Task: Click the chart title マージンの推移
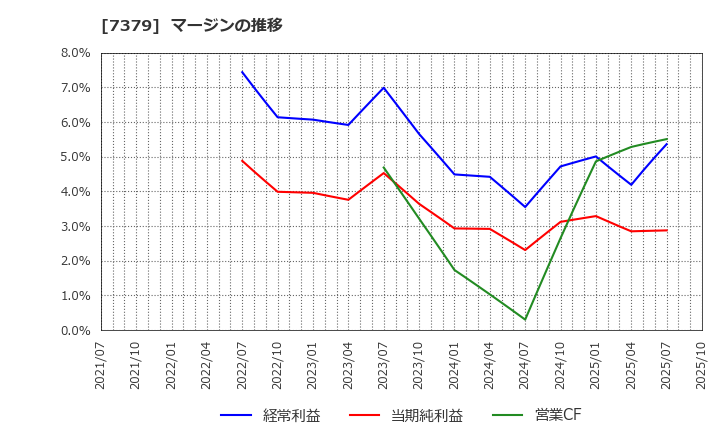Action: coord(228,25)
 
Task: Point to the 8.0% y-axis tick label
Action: coord(75,53)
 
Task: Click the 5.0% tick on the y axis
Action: coord(75,157)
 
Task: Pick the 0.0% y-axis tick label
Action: coord(75,330)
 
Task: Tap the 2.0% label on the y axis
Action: coord(75,261)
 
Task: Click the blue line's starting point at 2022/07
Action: coord(242,72)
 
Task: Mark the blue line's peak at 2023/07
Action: coord(384,88)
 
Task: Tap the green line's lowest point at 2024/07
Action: coord(525,319)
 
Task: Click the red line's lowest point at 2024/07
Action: coord(525,250)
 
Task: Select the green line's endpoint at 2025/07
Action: coord(667,139)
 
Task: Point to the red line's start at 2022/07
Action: coord(242,161)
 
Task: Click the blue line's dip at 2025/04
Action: coord(631,185)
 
